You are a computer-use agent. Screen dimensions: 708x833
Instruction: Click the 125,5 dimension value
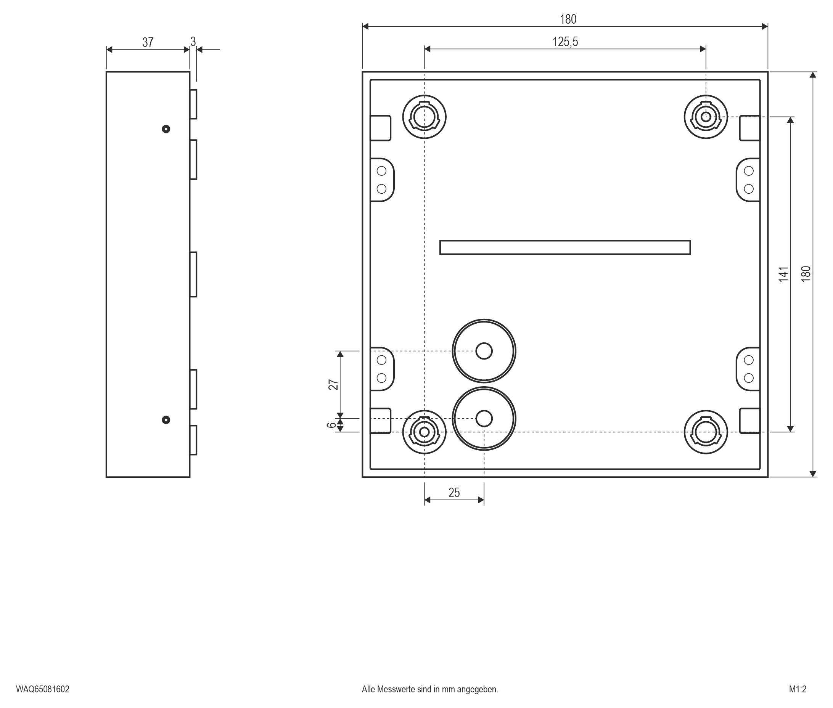(x=565, y=42)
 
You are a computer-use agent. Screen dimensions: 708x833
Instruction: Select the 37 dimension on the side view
(x=148, y=43)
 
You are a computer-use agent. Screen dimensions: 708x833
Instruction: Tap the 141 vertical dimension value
(x=783, y=274)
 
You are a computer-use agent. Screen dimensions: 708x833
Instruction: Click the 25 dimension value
(x=454, y=493)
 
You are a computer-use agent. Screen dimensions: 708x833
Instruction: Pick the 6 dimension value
(x=331, y=425)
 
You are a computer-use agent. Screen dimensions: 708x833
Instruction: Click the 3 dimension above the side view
(x=193, y=42)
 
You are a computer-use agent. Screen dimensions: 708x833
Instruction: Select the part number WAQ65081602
(x=43, y=689)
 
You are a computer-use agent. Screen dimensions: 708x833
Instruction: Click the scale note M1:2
(x=797, y=689)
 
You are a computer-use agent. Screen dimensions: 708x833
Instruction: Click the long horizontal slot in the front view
(x=565, y=247)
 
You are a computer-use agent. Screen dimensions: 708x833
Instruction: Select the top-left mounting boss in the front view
(x=425, y=117)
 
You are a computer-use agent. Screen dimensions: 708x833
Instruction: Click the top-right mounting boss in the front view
(x=706, y=117)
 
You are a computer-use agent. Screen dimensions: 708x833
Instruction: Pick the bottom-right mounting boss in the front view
(x=706, y=432)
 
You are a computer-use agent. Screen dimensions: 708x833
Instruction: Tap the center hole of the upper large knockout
(x=484, y=351)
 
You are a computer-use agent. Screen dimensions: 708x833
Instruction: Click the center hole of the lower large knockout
(x=484, y=419)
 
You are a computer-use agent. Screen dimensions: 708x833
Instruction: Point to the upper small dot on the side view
(x=166, y=129)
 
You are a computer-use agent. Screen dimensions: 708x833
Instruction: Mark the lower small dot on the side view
(x=166, y=420)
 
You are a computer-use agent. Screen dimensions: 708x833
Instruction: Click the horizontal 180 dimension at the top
(x=568, y=19)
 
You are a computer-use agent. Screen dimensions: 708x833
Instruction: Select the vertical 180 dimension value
(x=806, y=274)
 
